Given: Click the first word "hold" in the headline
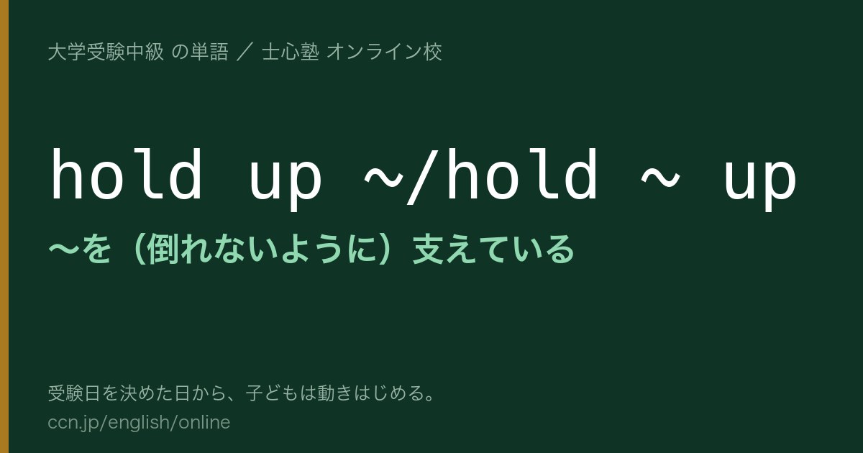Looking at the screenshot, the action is point(127,173).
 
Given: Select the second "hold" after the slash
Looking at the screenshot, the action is point(522,173).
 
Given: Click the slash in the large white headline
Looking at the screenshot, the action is point(424,176).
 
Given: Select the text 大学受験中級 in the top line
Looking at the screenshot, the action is point(106,52).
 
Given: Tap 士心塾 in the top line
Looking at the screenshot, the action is point(291,52).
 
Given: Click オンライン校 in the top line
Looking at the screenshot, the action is point(384,52).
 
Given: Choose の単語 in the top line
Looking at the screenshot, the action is point(200,52).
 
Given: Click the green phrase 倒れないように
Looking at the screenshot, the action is point(261,250).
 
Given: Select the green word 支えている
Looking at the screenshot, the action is point(493,250).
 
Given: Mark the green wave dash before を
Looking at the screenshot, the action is point(63,250).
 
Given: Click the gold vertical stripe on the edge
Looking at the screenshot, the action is point(4,226).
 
